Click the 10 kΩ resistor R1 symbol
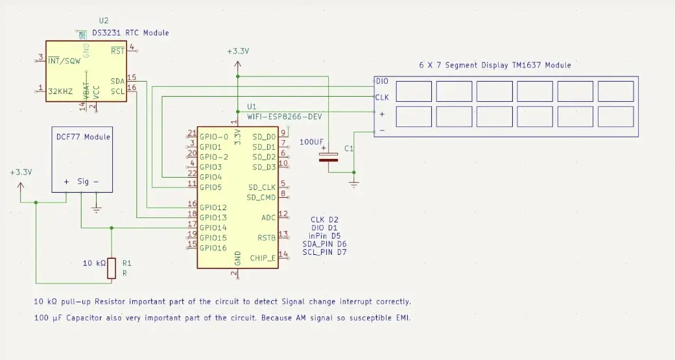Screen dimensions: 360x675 (x=111, y=268)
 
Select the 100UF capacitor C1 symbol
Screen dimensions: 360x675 (x=331, y=156)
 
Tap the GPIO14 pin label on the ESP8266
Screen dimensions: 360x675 (x=213, y=228)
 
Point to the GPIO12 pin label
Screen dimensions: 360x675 (x=213, y=208)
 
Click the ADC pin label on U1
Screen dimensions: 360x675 (x=268, y=218)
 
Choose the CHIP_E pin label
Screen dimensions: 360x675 (x=263, y=258)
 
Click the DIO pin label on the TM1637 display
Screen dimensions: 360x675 (x=383, y=82)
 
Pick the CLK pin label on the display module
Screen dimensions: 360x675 (x=383, y=97)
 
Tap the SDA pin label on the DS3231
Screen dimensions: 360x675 (x=117, y=82)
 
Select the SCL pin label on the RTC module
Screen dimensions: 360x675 (x=117, y=91)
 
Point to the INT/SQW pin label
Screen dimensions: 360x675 (x=63, y=61)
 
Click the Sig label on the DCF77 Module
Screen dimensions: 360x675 (x=83, y=182)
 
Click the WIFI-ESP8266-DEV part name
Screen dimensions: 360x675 (x=285, y=115)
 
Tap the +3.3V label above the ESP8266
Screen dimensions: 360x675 (x=238, y=51)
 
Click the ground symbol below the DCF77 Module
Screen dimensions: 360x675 (x=96, y=208)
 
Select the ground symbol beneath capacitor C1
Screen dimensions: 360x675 (x=353, y=184)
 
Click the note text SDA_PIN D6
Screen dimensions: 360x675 (x=324, y=244)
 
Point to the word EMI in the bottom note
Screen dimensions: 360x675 (x=401, y=318)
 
